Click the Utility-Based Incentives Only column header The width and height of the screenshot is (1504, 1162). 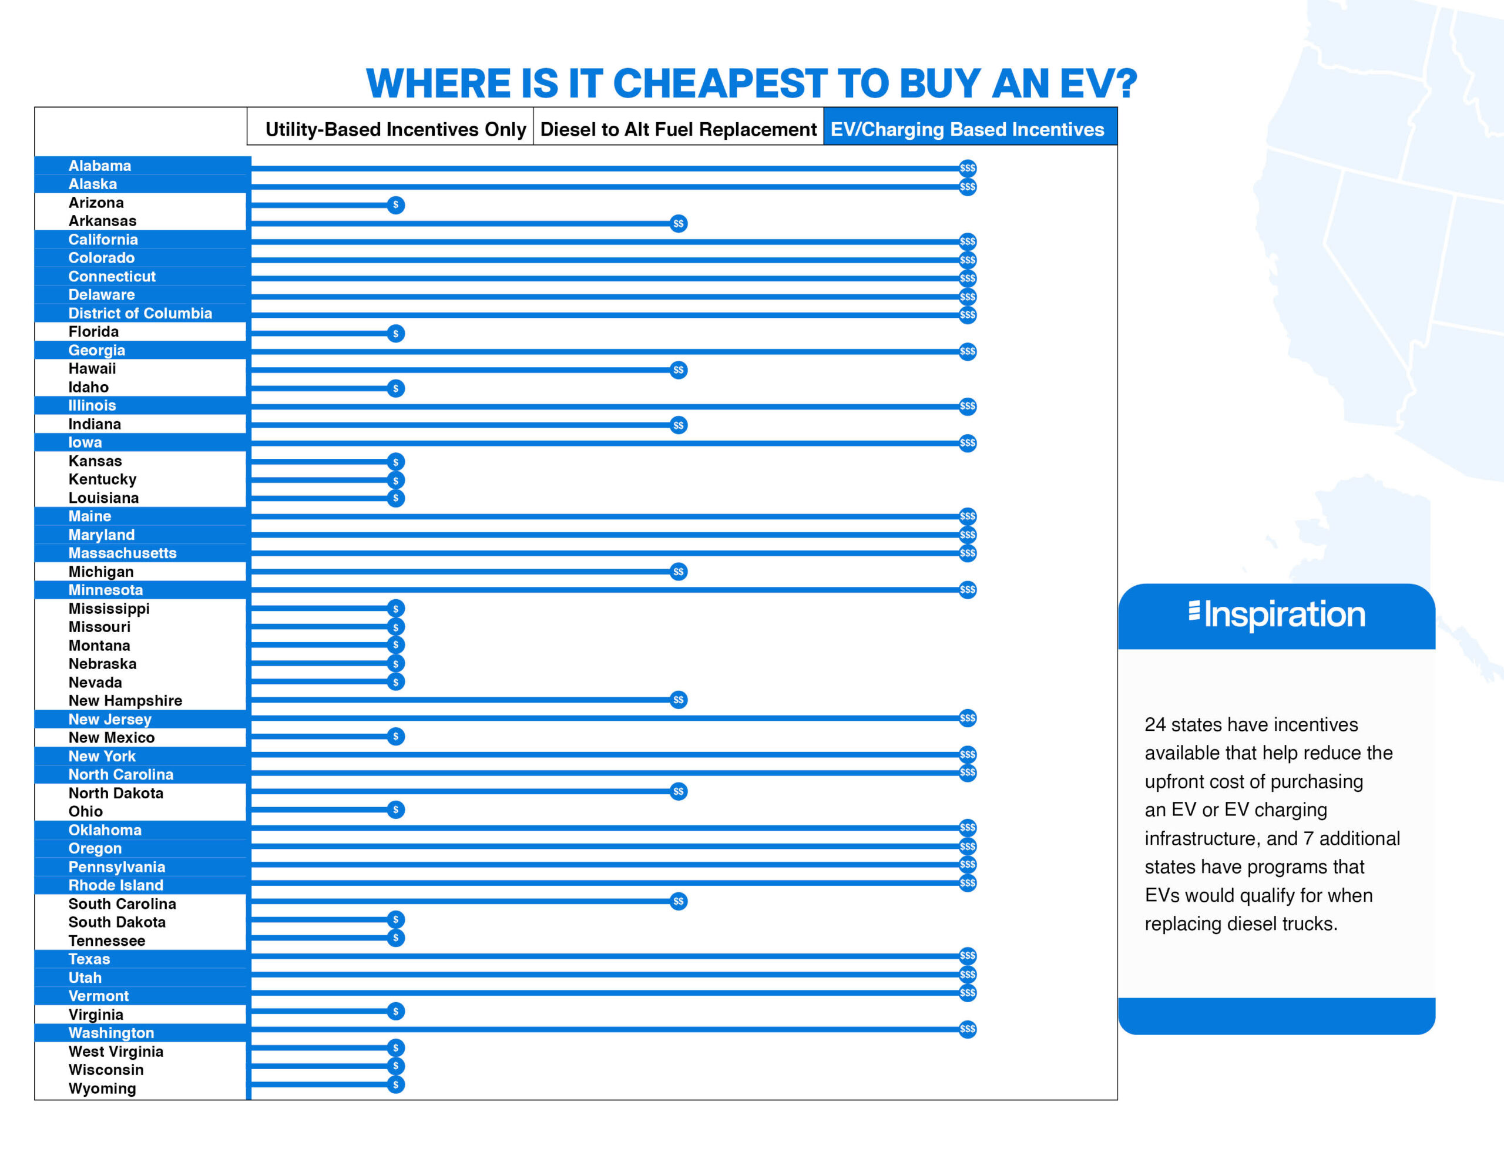point(395,129)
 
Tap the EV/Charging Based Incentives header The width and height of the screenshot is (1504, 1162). point(967,129)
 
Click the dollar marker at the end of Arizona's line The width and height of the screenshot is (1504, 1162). point(395,204)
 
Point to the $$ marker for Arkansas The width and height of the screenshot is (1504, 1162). point(679,223)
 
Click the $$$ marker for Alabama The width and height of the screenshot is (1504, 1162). point(968,168)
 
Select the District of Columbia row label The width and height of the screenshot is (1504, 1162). point(140,313)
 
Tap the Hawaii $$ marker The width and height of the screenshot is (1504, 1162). point(679,370)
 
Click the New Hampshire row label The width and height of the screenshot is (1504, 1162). point(125,700)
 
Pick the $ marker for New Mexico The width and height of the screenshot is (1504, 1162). point(395,736)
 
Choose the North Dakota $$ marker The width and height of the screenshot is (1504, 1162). point(679,791)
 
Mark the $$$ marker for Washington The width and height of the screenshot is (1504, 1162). point(968,1029)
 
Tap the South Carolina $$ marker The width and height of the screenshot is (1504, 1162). point(679,901)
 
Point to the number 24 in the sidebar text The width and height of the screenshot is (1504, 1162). point(1155,724)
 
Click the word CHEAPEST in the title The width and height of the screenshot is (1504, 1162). point(720,83)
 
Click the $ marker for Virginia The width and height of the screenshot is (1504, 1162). point(395,1011)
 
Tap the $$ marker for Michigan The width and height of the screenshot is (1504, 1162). point(679,572)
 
